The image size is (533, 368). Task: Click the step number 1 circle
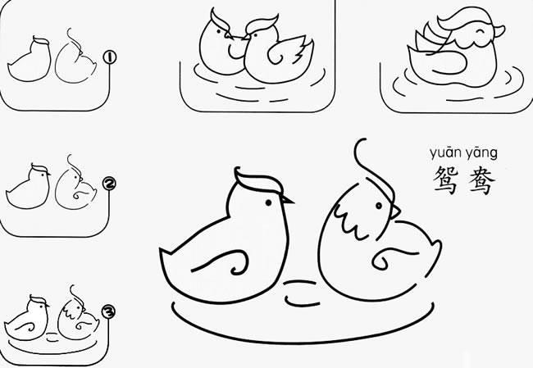click(109, 57)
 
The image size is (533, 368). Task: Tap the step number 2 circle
click(109, 184)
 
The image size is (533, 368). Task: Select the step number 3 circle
click(108, 311)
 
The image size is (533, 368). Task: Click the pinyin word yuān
click(444, 153)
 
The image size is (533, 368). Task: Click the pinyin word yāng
click(481, 153)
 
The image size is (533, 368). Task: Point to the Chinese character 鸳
click(446, 180)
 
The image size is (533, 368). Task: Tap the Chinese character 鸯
click(481, 181)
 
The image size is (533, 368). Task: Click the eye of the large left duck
click(268, 203)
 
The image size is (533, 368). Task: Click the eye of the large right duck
click(379, 206)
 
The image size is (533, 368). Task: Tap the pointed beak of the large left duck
click(288, 201)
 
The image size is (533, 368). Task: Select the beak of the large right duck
click(395, 212)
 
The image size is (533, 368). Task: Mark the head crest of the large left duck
click(257, 181)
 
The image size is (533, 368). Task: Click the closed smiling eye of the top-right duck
click(481, 32)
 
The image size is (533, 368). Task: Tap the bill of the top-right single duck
click(499, 30)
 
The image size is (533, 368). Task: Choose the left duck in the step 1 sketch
click(30, 60)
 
